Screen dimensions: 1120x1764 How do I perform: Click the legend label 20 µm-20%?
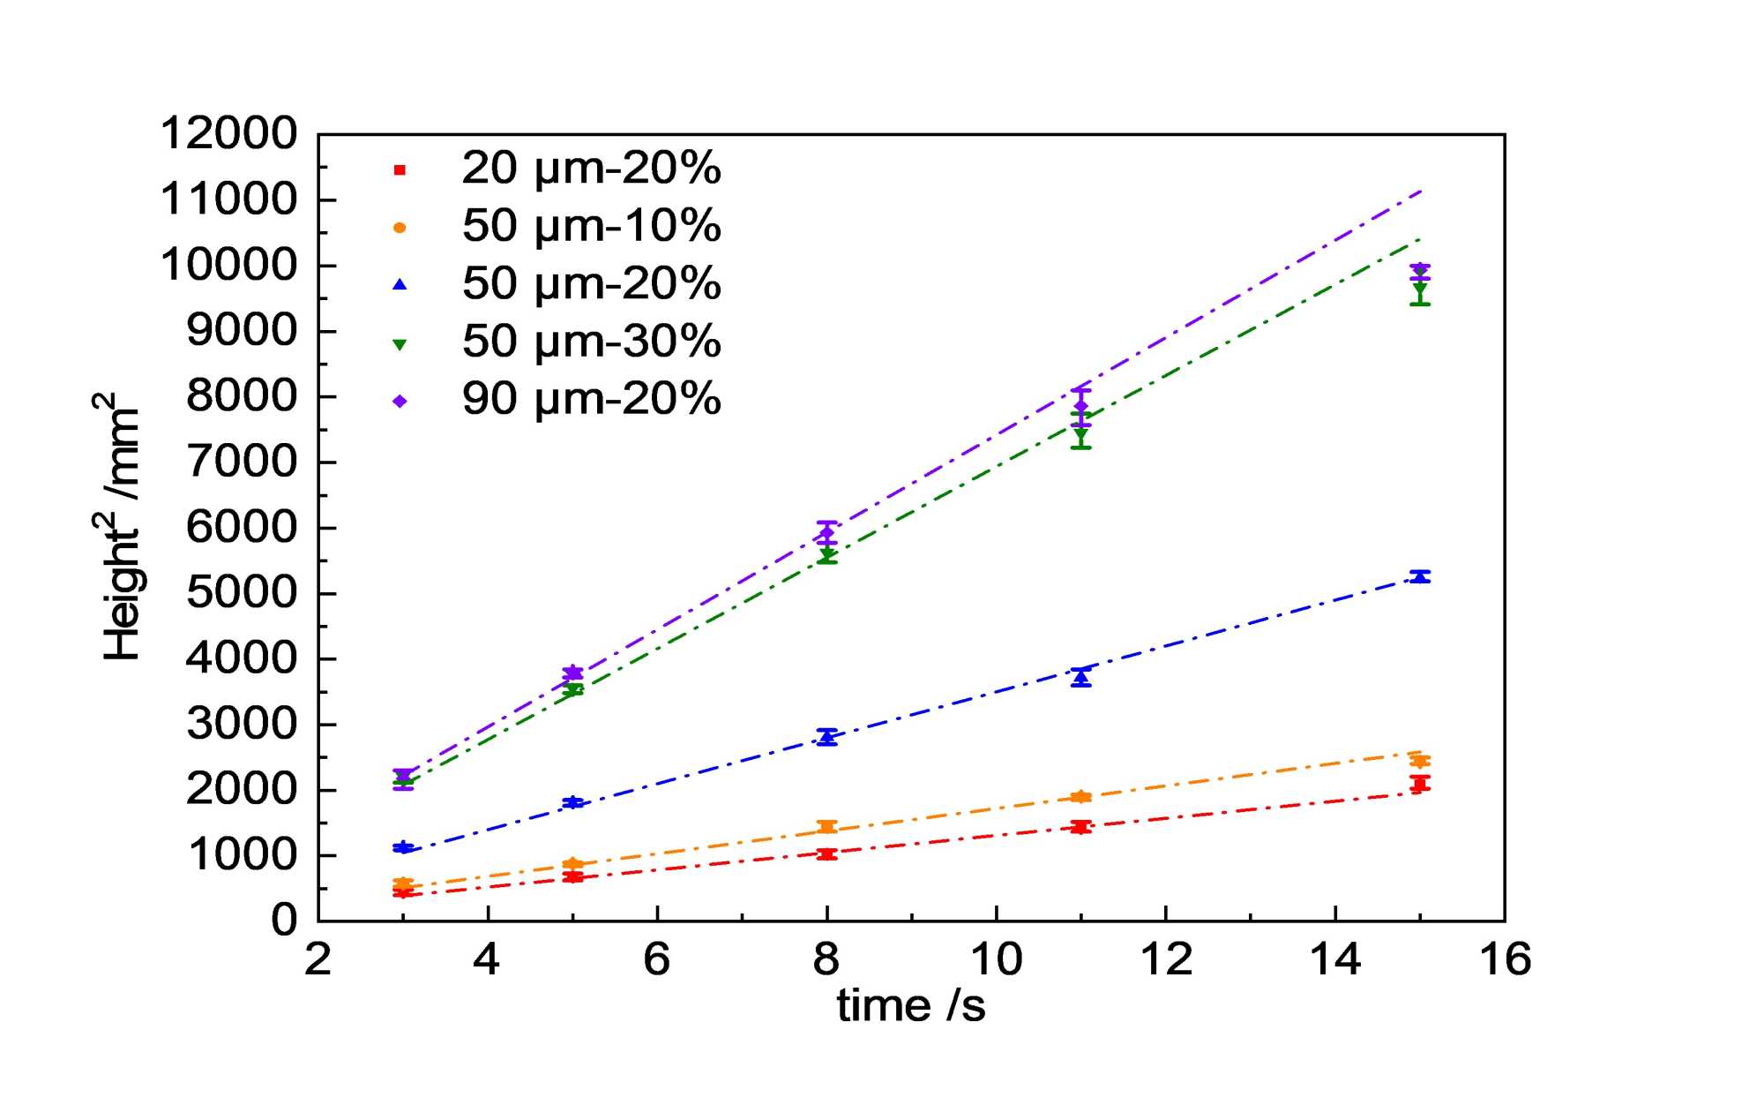(591, 168)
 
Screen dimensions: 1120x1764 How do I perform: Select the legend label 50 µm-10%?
(591, 226)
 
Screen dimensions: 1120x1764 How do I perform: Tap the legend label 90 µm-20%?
(591, 399)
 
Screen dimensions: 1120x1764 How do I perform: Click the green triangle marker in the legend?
(400, 344)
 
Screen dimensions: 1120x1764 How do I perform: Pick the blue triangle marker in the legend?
(400, 284)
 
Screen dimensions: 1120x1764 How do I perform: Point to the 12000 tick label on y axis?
(228, 134)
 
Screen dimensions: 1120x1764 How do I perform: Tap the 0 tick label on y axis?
(284, 921)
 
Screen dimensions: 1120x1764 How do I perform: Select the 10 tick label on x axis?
(996, 959)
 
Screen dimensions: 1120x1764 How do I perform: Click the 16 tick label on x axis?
(1505, 959)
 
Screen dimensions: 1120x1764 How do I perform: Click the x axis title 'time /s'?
(911, 1006)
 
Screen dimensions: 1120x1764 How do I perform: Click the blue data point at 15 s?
(1420, 576)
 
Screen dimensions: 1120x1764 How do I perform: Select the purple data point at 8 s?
(826, 532)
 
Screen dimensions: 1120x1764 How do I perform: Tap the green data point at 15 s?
(1420, 289)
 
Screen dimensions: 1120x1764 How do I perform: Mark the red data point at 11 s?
(1080, 827)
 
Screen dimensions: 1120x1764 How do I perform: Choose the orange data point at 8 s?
(826, 826)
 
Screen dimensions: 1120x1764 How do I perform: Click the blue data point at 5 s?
(573, 802)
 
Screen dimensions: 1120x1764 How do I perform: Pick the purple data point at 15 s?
(1420, 270)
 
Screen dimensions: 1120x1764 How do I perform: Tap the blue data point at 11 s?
(1080, 678)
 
